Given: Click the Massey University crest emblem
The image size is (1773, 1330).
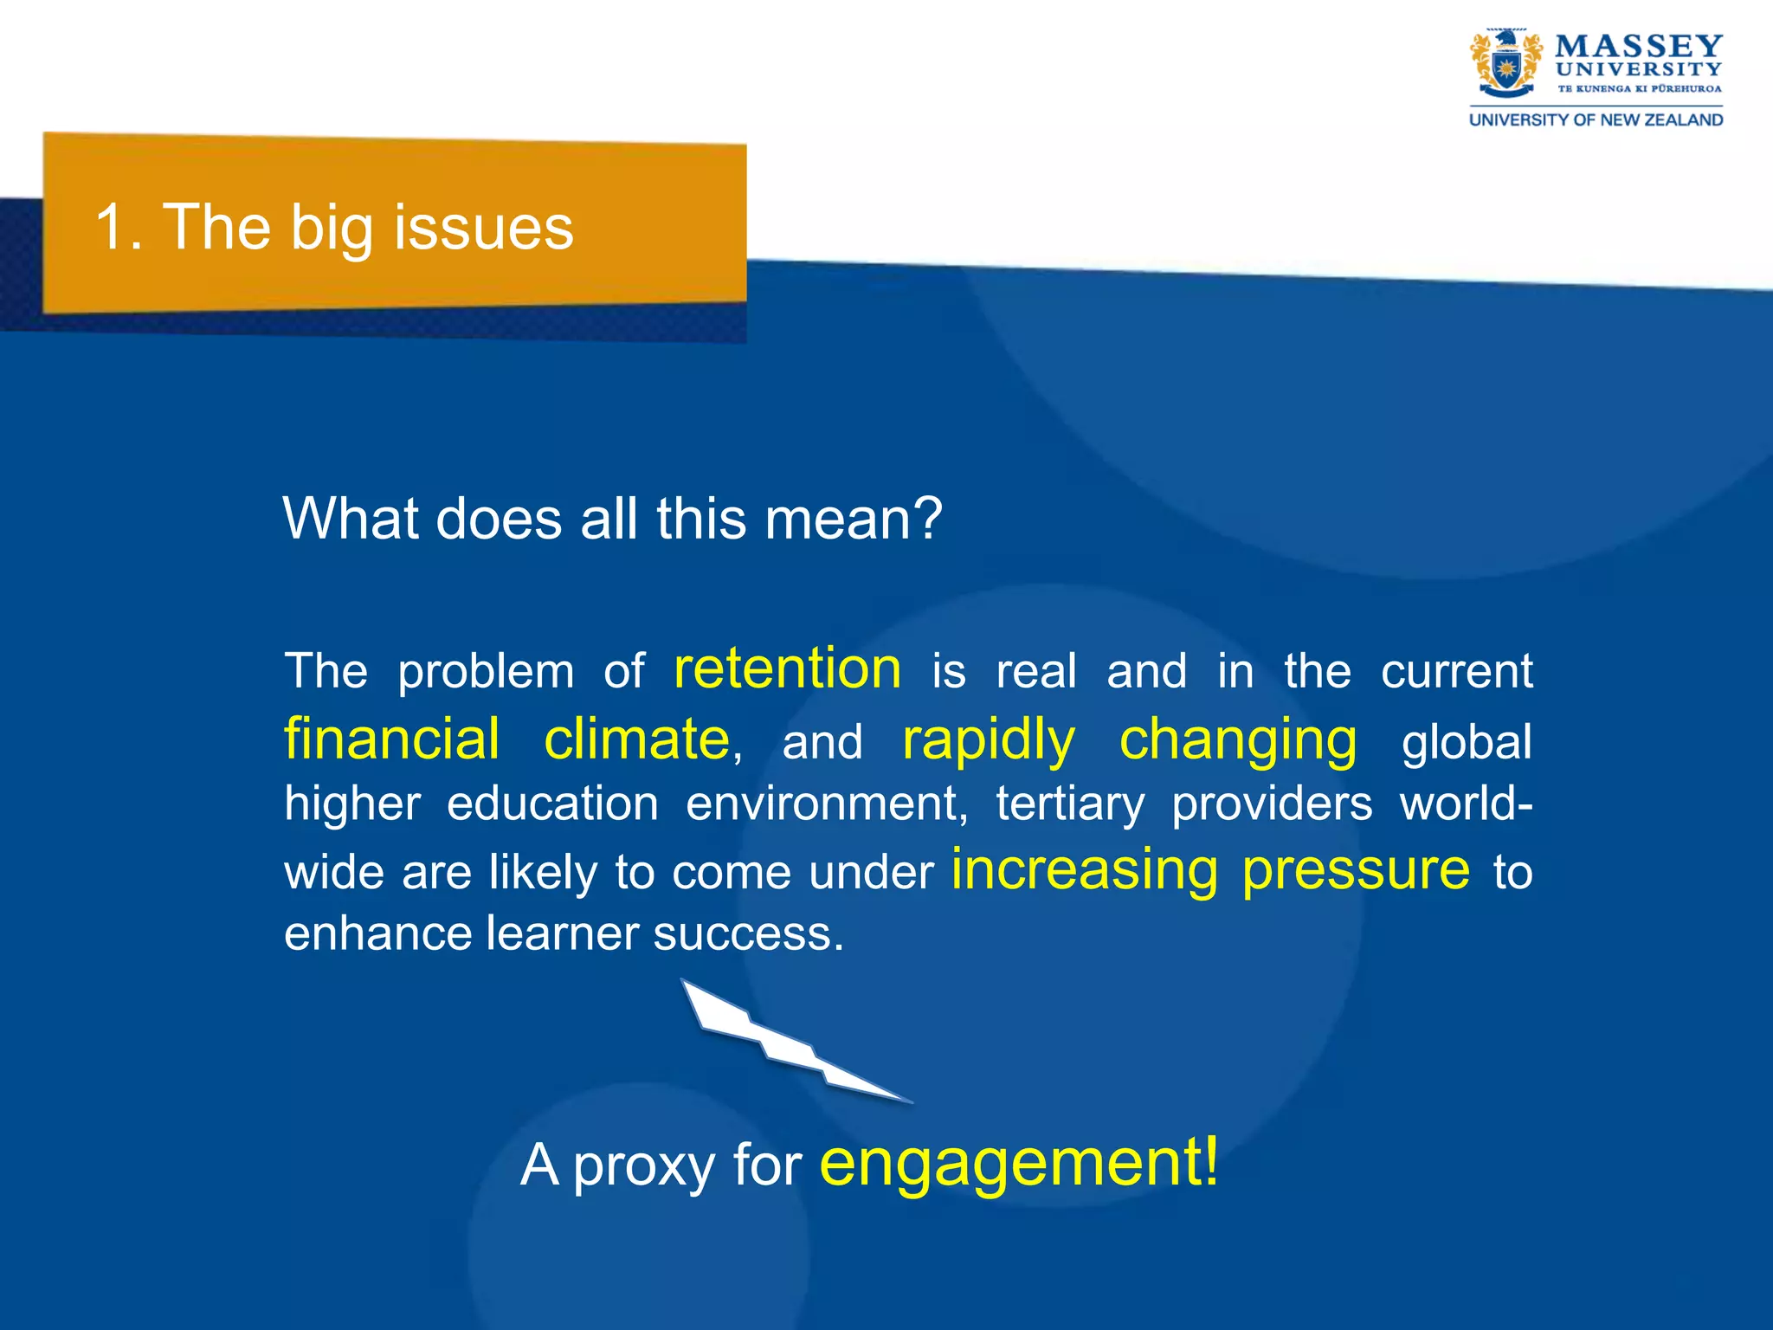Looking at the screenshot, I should [1505, 62].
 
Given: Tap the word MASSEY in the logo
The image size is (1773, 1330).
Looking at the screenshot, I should [1638, 46].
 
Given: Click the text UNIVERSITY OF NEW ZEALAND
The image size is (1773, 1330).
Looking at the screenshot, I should [1596, 120].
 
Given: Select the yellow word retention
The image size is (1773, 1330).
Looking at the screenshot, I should [787, 668].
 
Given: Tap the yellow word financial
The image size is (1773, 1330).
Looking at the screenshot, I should [392, 739].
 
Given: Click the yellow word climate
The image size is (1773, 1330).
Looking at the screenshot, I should [637, 739].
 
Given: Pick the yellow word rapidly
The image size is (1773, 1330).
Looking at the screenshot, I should [988, 741].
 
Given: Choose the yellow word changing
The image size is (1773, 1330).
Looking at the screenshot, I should [1238, 741].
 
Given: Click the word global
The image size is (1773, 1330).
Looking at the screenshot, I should [1467, 743].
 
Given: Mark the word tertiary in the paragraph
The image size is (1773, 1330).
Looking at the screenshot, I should [1070, 804].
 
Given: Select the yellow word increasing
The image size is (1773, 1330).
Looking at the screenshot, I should [1084, 869].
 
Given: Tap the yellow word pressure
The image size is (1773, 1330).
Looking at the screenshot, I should [1356, 869].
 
